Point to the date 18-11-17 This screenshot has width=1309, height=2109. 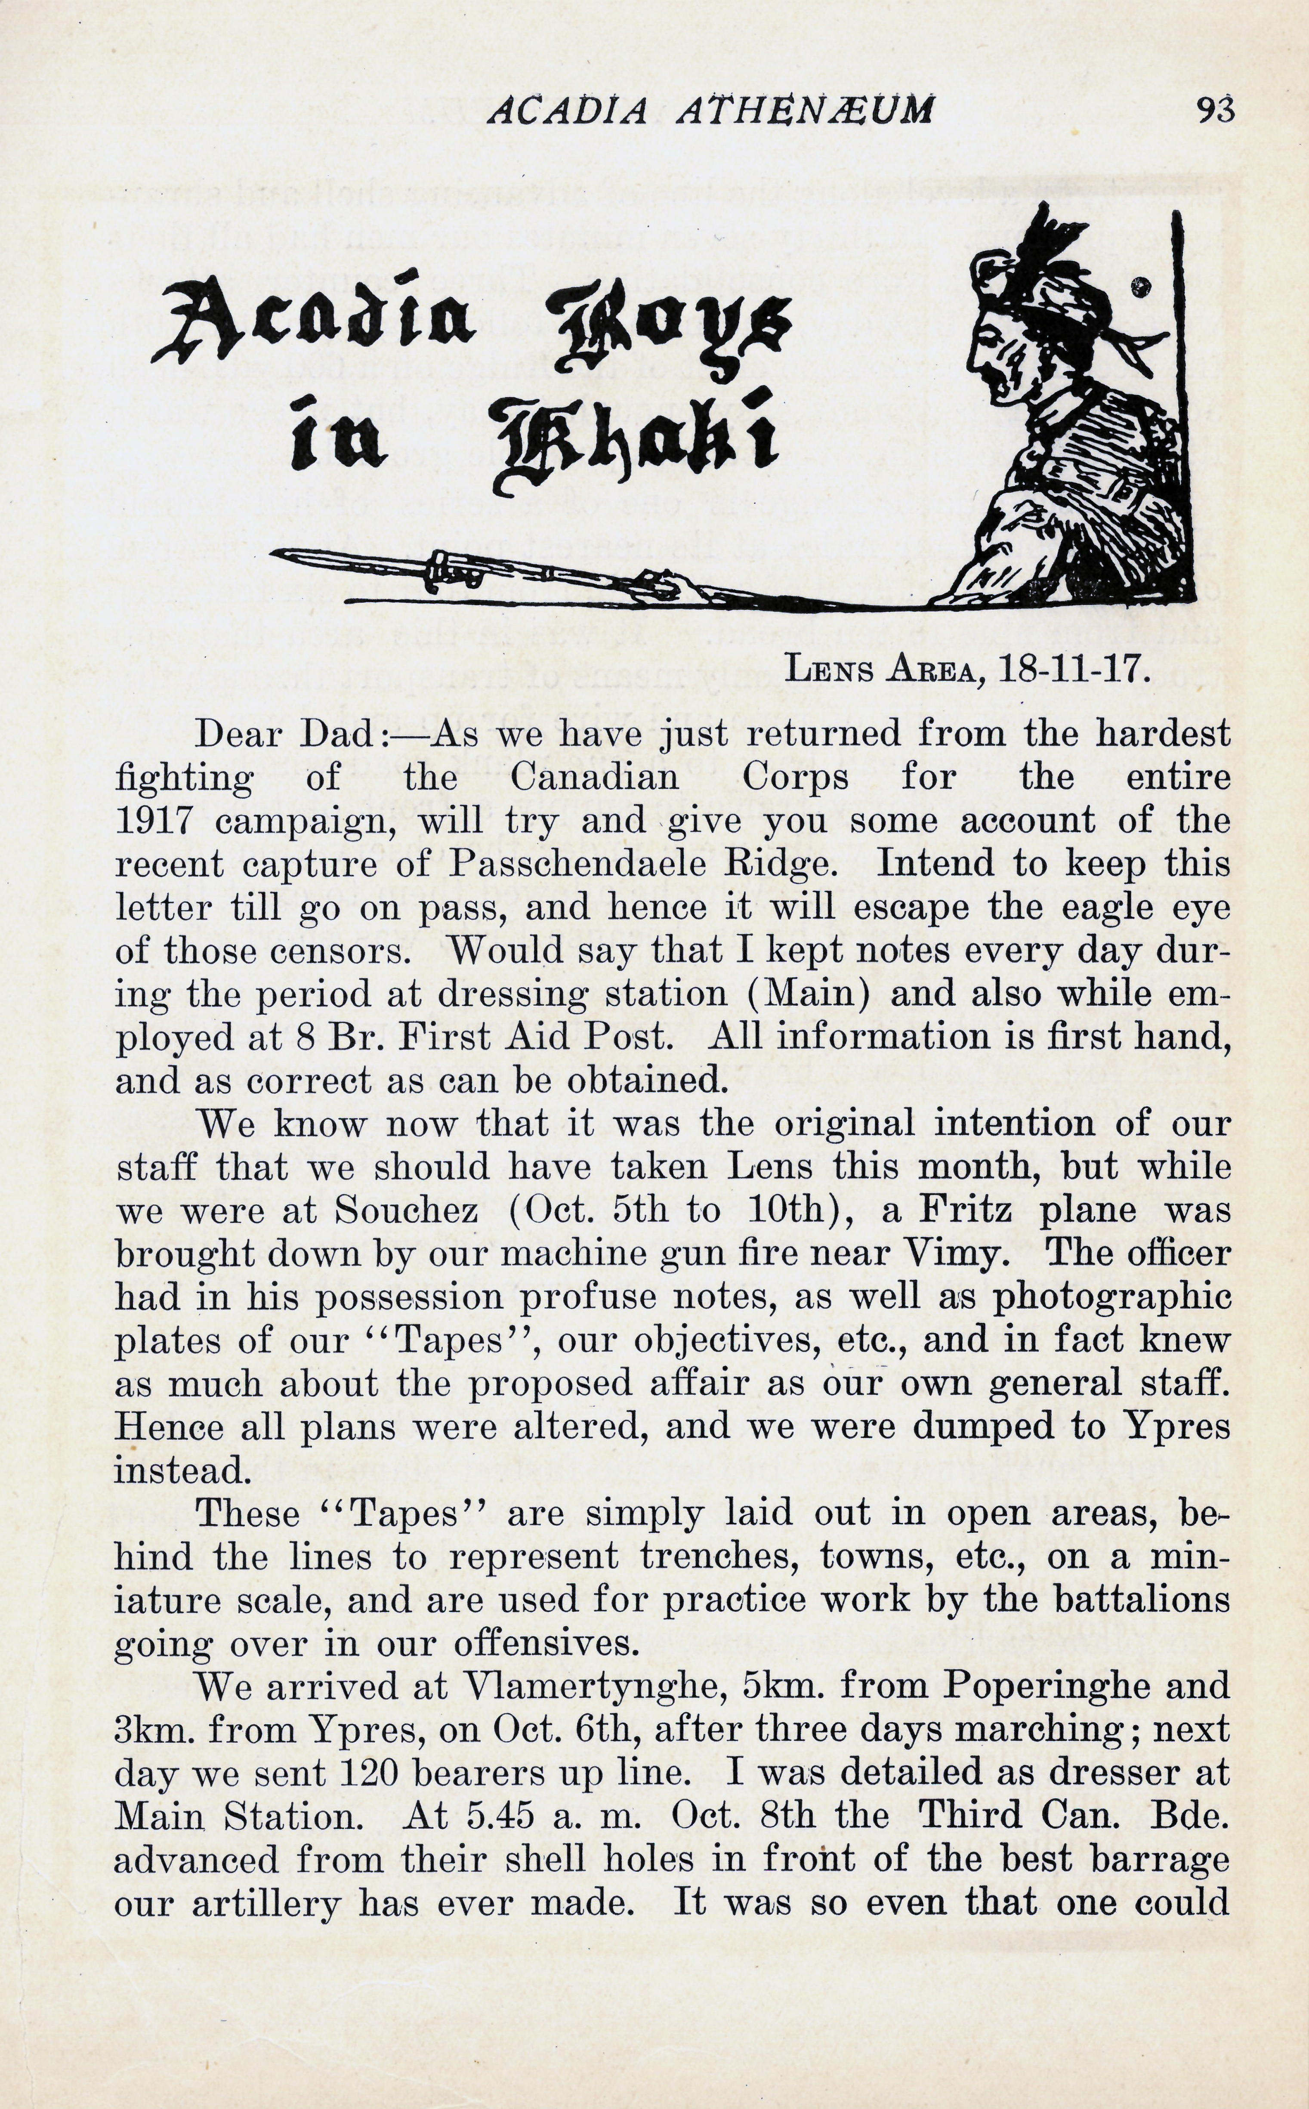(1074, 669)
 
